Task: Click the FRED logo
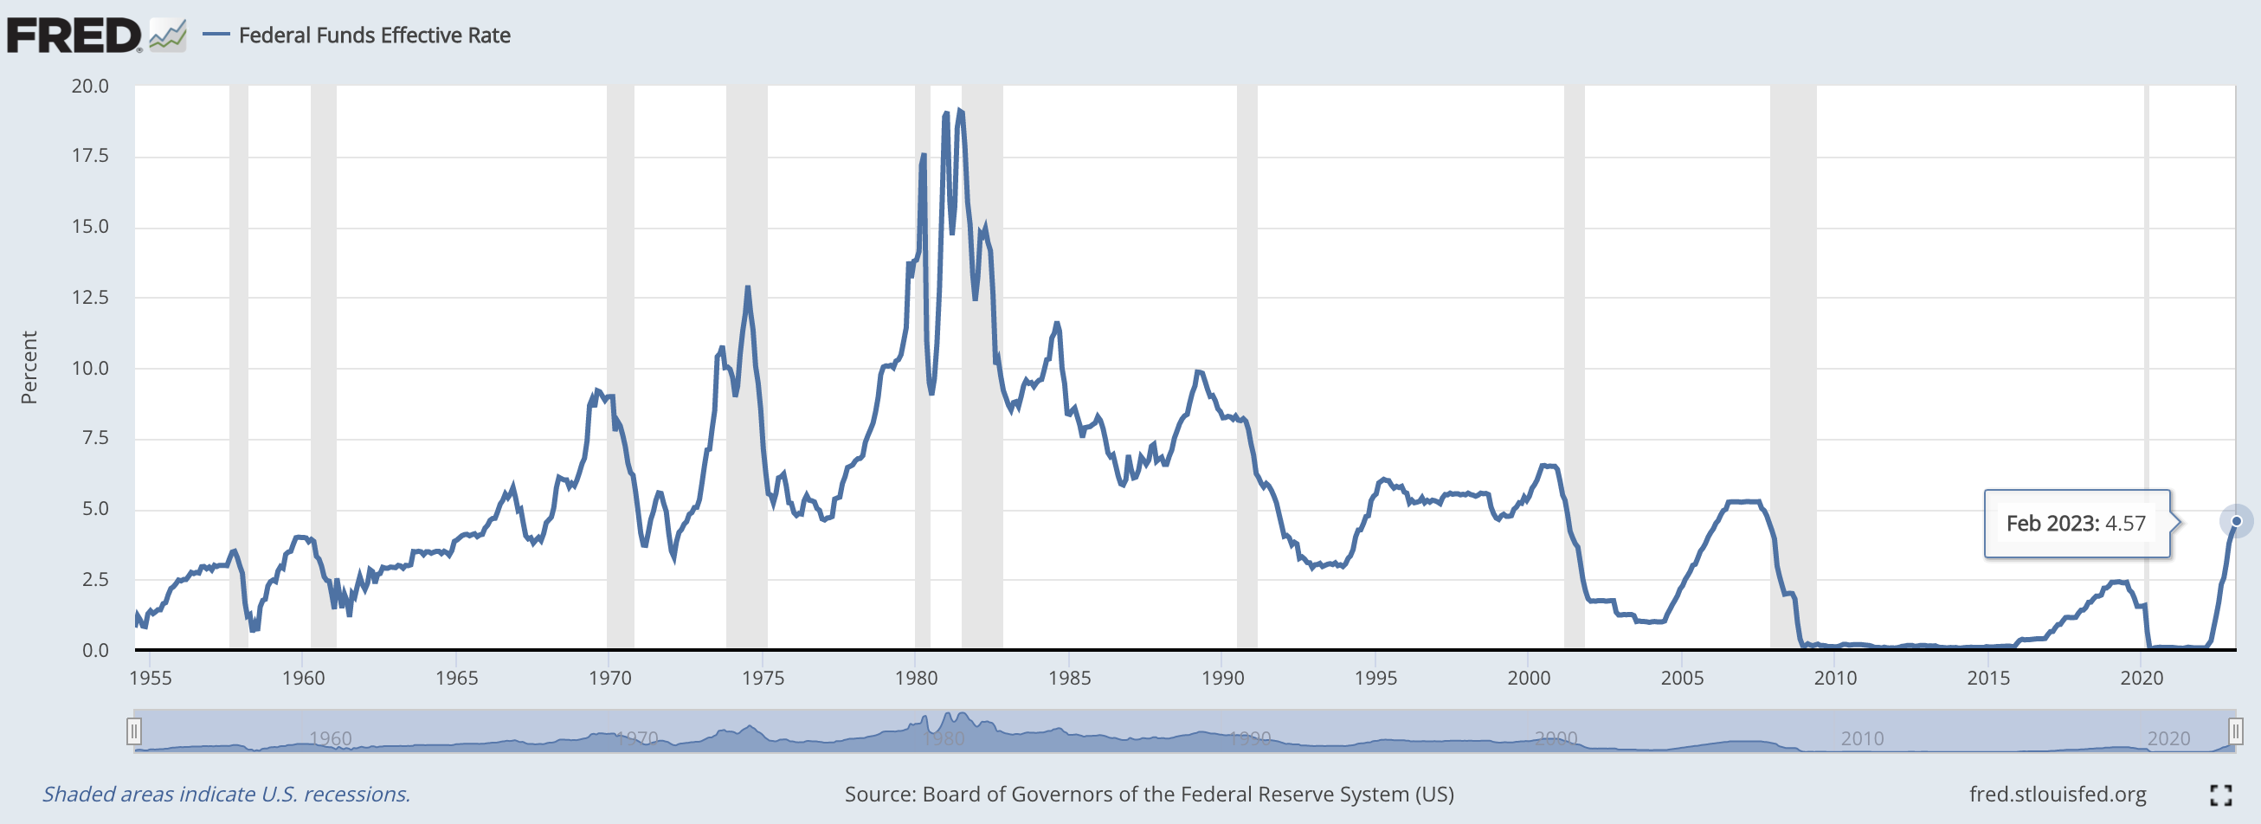(x=74, y=35)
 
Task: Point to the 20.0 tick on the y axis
(x=90, y=86)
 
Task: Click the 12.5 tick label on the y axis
(x=90, y=298)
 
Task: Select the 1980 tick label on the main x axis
(x=917, y=678)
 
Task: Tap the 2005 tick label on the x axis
(x=1682, y=678)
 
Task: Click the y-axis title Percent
(x=29, y=367)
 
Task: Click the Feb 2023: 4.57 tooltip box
(x=2077, y=524)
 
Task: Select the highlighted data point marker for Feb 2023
(x=2237, y=521)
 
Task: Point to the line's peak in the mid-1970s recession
(x=747, y=287)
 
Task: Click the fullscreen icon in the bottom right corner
(x=2220, y=795)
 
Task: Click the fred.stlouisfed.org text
(x=2058, y=795)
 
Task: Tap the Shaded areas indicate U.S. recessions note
(x=227, y=795)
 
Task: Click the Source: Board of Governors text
(x=1149, y=795)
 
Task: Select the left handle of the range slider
(x=133, y=731)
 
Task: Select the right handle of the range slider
(x=2236, y=731)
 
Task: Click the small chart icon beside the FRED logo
(x=168, y=36)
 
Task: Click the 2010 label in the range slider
(x=1862, y=739)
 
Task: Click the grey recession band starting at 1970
(x=621, y=369)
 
